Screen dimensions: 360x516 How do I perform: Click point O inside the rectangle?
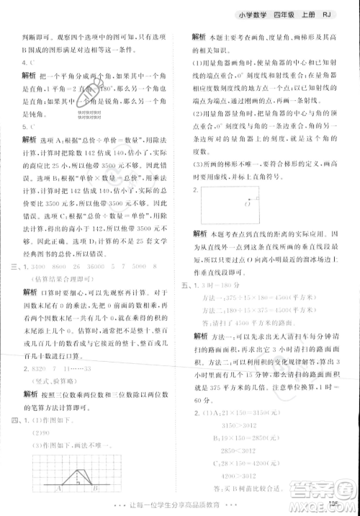[x=247, y=205]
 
